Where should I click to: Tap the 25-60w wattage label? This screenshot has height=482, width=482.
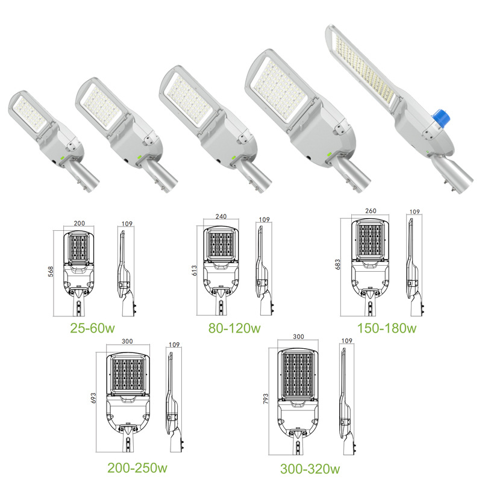[92, 328]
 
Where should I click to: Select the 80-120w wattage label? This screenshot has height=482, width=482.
[234, 328]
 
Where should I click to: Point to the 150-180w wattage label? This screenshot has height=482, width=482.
[386, 328]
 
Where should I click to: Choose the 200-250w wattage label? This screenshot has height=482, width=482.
[137, 468]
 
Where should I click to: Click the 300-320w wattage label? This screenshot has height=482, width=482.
[310, 469]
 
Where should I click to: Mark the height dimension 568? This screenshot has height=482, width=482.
[51, 272]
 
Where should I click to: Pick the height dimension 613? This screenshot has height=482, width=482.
[194, 270]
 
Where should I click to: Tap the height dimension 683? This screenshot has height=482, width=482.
[337, 264]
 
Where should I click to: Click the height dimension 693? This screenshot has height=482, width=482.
[93, 398]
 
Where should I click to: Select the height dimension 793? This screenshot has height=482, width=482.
[266, 398]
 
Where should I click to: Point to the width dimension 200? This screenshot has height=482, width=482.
[80, 223]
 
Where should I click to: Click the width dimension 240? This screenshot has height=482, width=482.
[221, 216]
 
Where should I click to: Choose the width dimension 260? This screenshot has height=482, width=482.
[371, 211]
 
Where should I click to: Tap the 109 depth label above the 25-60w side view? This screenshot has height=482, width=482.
[127, 224]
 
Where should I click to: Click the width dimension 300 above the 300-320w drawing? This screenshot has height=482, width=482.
[298, 337]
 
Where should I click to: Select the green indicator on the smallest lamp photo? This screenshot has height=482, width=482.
[61, 157]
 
